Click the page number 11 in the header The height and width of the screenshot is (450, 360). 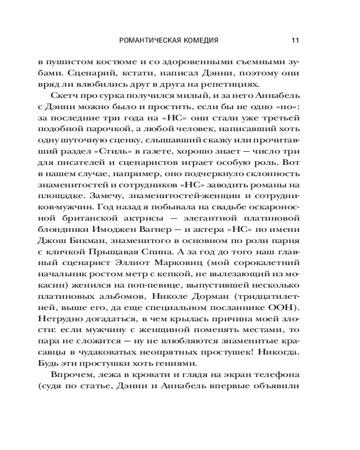tap(295, 40)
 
